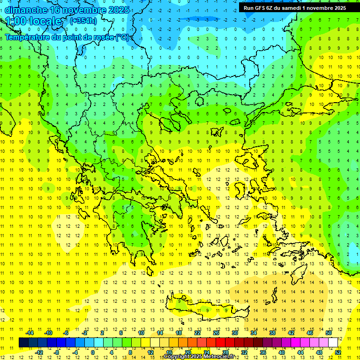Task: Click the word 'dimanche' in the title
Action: (26, 10)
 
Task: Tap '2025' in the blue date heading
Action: (115, 10)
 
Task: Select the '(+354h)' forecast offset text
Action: (83, 21)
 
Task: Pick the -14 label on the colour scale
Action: (29, 333)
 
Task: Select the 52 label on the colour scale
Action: (338, 352)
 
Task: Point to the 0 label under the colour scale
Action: (92, 352)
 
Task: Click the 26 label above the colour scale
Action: (216, 333)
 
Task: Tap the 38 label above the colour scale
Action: (272, 333)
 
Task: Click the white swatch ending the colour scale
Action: (333, 342)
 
